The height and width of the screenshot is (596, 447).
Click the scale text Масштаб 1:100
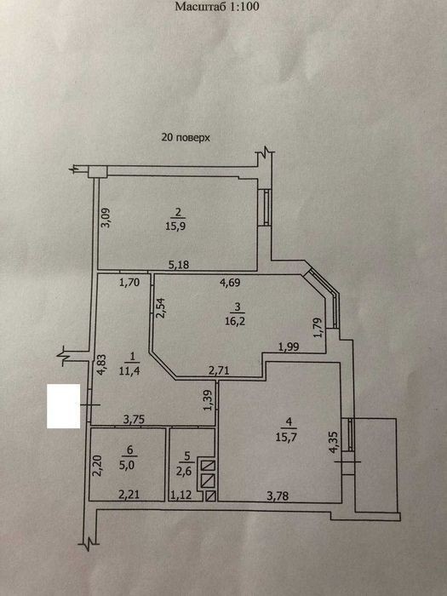pos(217,7)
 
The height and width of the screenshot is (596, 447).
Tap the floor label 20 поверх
pos(186,137)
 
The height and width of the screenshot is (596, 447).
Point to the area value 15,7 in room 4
pos(286,437)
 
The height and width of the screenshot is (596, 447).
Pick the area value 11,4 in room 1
pos(129,370)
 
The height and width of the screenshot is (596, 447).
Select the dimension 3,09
pos(106,217)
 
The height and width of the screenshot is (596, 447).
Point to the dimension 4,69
pos(230,283)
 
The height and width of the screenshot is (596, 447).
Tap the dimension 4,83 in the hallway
pos(101,365)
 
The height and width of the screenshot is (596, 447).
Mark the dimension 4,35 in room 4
pos(335,442)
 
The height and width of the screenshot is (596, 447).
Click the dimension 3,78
pos(278,496)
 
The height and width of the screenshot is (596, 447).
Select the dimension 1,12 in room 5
pos(181,496)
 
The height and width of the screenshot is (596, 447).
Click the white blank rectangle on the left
pos(64,406)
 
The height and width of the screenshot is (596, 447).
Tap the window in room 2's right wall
pos(266,208)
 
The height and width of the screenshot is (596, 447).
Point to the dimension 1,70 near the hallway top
pos(129,283)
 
